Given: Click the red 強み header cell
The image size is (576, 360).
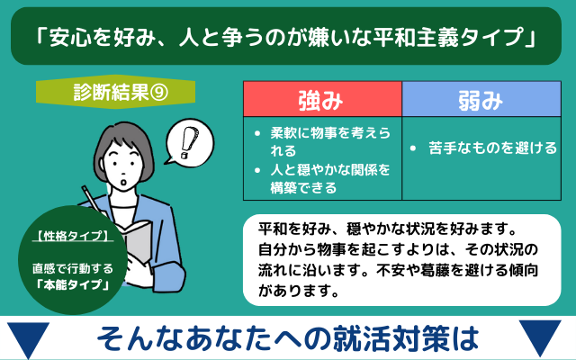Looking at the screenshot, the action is pyautogui.click(x=322, y=99).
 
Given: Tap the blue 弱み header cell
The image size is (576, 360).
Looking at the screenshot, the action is pyautogui.click(x=481, y=99).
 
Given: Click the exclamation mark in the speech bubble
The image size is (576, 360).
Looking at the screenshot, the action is pyautogui.click(x=189, y=142).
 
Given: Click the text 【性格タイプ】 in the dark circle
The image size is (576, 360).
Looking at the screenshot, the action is pyautogui.click(x=73, y=236).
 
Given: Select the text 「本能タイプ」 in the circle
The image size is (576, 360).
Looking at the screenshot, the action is pyautogui.click(x=73, y=284).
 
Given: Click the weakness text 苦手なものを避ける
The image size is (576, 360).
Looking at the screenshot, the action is pyautogui.click(x=492, y=148).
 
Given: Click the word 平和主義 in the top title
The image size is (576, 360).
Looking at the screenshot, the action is pyautogui.click(x=415, y=37).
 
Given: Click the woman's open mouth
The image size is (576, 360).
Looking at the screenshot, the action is pyautogui.click(x=124, y=183).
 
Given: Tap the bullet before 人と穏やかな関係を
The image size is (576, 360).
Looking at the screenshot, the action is pyautogui.click(x=257, y=170).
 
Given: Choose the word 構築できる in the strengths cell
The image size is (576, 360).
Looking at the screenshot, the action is pyautogui.click(x=303, y=188).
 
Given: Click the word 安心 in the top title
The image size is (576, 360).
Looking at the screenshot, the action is pyautogui.click(x=71, y=37).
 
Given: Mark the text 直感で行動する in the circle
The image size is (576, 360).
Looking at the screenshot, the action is pyautogui.click(x=73, y=268).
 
